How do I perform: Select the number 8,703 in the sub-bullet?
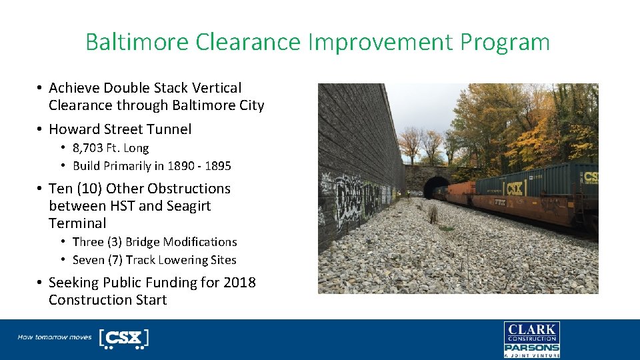click(x=90, y=148)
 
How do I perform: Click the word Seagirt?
click(x=185, y=206)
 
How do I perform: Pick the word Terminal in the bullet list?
click(x=77, y=223)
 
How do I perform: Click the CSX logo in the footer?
click(x=123, y=338)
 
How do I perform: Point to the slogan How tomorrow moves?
click(x=55, y=337)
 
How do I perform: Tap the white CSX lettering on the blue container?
click(x=513, y=188)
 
